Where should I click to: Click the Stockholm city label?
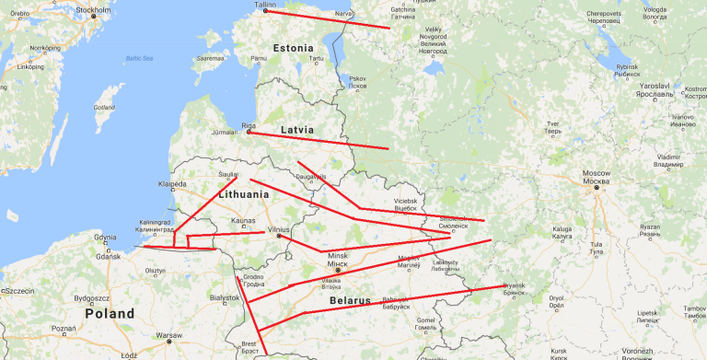(93, 10)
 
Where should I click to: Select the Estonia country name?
(294, 46)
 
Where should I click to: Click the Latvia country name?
(296, 130)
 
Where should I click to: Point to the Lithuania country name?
(243, 194)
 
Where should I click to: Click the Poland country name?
(110, 313)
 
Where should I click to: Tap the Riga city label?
(248, 124)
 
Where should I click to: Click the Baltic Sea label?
(138, 59)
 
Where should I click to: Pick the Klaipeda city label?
(172, 183)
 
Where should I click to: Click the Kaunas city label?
(243, 221)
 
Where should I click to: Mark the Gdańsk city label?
(108, 255)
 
